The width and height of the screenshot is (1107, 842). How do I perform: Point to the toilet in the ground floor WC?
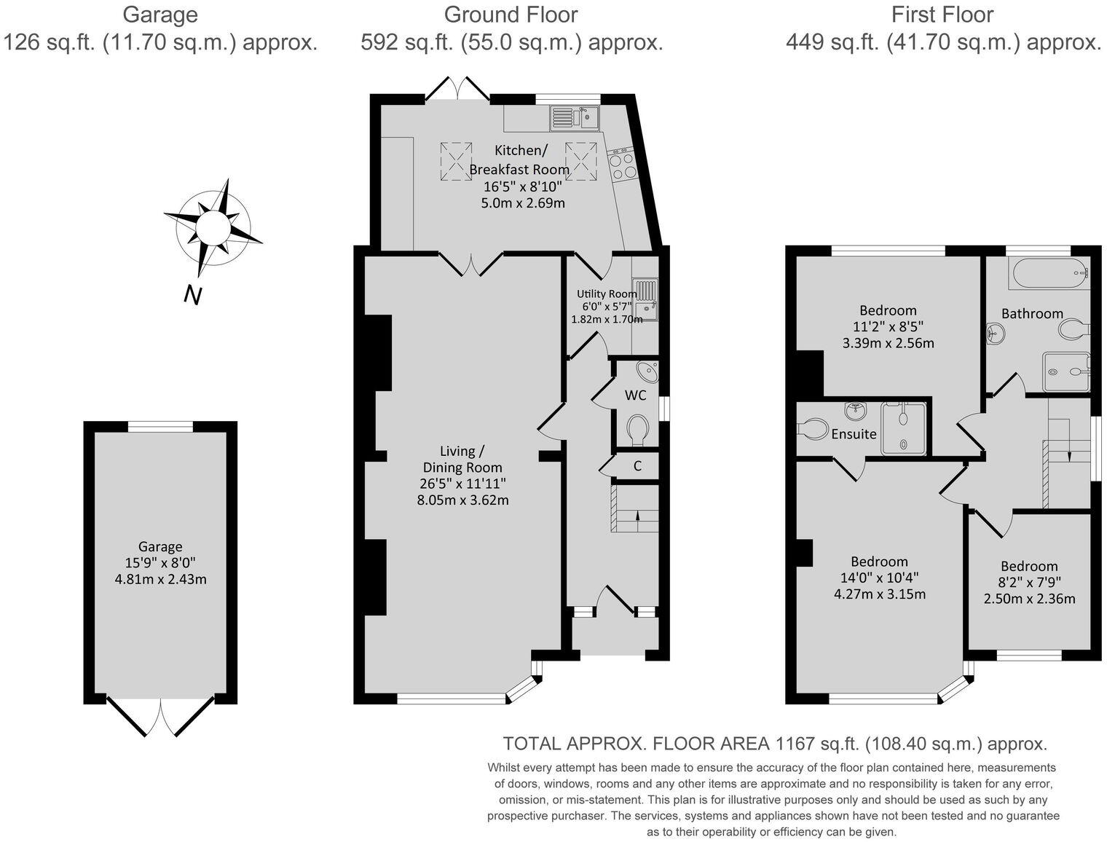coord(637,429)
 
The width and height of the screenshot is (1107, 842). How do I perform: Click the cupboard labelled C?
coord(637,465)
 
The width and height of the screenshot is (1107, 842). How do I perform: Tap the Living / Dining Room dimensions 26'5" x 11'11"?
coord(462,484)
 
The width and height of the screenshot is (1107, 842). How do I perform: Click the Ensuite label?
coord(854,434)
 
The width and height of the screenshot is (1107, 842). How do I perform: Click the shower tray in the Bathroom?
coord(1066,372)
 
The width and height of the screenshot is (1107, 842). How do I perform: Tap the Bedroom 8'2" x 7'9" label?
coord(1029,566)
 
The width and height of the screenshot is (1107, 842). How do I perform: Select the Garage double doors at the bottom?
coord(160,716)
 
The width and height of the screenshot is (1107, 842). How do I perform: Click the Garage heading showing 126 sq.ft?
coord(160,15)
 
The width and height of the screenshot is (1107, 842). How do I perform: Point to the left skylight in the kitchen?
coord(455,160)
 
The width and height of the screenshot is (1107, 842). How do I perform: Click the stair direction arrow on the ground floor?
coord(638,516)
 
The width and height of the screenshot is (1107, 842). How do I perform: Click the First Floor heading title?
coord(942,15)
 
